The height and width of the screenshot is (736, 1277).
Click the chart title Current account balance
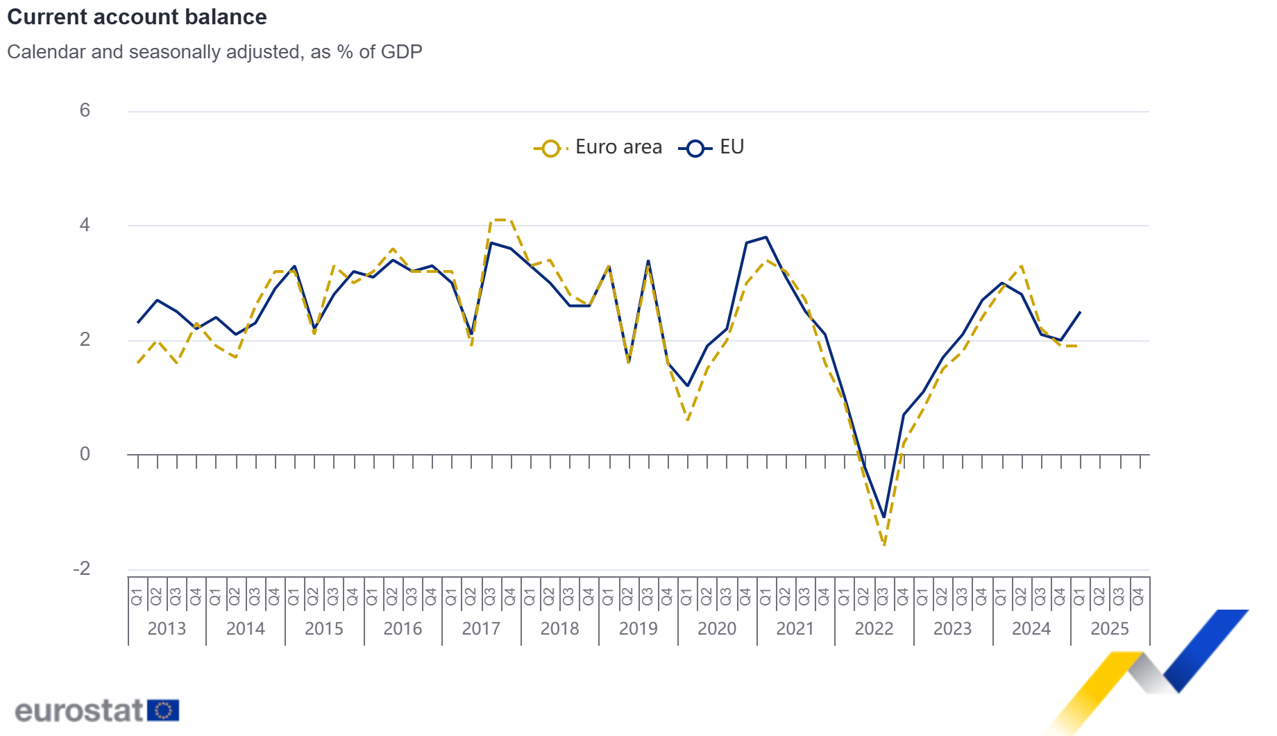point(137,17)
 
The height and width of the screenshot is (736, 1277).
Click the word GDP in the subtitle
point(400,52)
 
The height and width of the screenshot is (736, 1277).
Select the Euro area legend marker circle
point(550,148)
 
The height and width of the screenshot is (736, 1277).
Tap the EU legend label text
point(731,147)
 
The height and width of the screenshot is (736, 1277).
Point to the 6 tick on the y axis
point(85,110)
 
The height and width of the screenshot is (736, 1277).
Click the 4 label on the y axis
point(85,225)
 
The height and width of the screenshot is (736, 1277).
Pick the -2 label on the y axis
point(82,569)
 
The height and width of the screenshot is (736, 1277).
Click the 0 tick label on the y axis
point(85,454)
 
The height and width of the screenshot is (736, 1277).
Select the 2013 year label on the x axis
point(167,628)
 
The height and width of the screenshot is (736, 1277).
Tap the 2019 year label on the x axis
point(638,628)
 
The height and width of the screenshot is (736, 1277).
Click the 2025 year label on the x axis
point(1109,628)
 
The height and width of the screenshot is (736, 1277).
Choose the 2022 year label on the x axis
point(874,628)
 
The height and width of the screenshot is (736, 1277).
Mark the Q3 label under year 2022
point(883,596)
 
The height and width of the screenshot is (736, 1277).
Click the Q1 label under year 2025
point(1080,596)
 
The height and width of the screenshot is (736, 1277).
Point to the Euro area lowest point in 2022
point(884,545)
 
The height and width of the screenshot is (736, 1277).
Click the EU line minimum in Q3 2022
point(884,517)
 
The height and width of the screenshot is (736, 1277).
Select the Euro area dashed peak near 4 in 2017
point(501,220)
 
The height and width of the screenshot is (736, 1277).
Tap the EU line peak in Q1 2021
point(766,237)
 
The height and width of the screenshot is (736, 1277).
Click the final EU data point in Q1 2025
point(1080,312)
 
